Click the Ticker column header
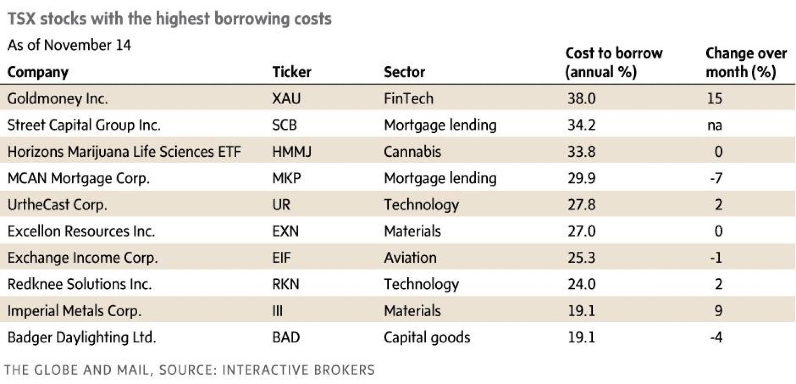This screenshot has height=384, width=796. point(292,72)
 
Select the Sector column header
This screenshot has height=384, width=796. point(404,72)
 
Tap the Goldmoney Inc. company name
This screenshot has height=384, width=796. point(58,98)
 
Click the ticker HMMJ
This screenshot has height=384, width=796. point(292,151)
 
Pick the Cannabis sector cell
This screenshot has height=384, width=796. point(412,151)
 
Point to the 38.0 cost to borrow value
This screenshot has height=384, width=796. point(581,98)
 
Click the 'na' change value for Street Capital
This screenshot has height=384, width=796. point(714,125)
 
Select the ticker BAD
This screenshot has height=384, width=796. point(286,337)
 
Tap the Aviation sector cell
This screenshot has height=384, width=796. point(410,258)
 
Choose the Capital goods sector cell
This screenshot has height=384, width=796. point(427,337)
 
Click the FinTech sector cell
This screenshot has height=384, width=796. point(408,98)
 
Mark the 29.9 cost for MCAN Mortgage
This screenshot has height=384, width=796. point(581,178)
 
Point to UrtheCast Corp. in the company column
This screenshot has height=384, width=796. point(57,205)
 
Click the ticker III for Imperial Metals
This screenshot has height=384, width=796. point(278,310)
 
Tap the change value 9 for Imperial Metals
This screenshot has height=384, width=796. point(718,310)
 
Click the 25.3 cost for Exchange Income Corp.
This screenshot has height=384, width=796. point(581,258)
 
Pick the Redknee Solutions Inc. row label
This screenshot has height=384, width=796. point(79,284)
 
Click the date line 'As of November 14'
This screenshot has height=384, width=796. point(69,45)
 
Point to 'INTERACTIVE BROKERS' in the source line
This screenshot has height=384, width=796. point(298,370)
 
